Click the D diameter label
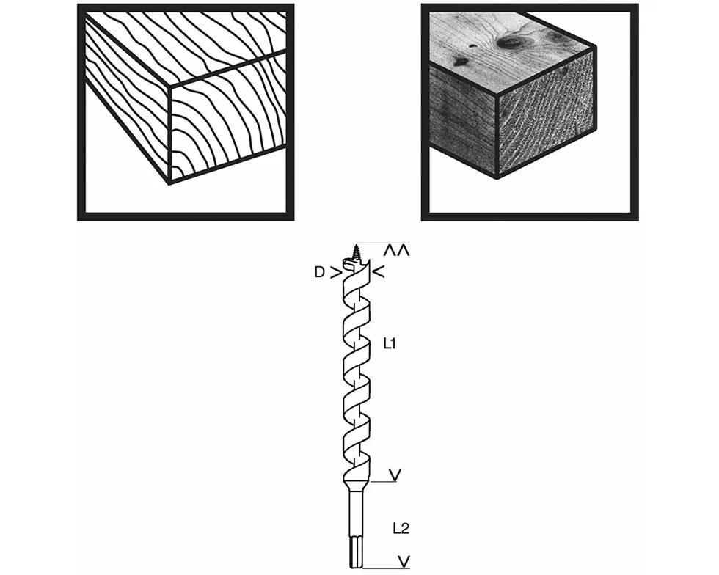pos(319,272)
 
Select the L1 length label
pos(390,343)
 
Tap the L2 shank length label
pos(401,527)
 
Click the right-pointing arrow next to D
pos(335,273)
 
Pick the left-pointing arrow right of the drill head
pos(379,273)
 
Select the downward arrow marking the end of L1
pos(395,476)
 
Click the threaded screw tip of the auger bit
pos(357,252)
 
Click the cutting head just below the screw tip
pos(355,265)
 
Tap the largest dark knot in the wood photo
pos(508,42)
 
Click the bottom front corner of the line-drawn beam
pos(170,183)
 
